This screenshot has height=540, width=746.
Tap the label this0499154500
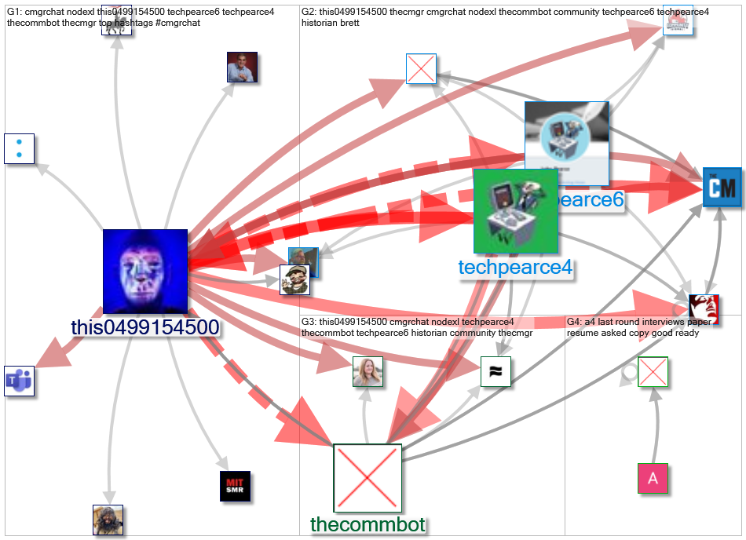point(144,328)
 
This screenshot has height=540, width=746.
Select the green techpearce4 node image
point(515,211)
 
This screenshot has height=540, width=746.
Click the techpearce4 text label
point(515,268)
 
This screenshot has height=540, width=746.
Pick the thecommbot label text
point(368,524)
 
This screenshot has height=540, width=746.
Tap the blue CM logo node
point(722,188)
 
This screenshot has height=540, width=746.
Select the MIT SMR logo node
point(235,486)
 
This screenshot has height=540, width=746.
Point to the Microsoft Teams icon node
point(19,381)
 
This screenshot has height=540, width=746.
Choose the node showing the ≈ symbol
point(496,371)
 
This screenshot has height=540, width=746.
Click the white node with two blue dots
point(19,148)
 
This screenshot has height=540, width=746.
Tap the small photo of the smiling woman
point(368,371)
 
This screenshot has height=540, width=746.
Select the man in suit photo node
point(242,67)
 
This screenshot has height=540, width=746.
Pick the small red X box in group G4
point(653,371)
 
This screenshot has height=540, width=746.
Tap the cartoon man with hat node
point(295,279)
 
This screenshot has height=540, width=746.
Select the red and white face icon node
point(704,309)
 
